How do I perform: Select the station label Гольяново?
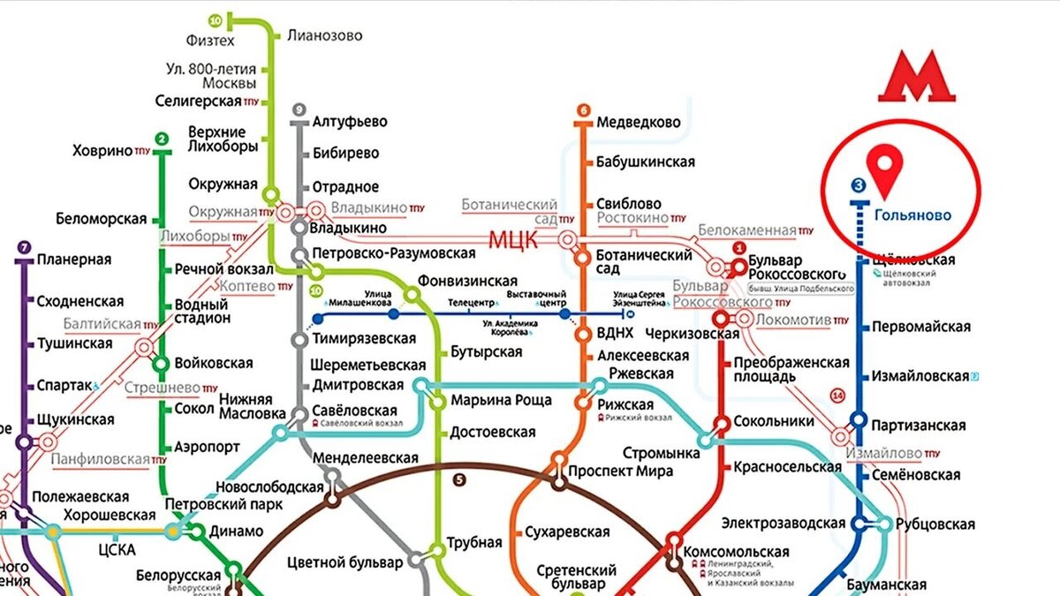(x=912, y=215)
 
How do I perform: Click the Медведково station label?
(x=638, y=122)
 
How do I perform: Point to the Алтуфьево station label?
(x=350, y=122)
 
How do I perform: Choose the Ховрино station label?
(x=102, y=151)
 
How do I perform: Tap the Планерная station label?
(x=74, y=260)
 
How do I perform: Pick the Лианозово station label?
(x=324, y=36)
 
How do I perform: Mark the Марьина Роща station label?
(x=501, y=400)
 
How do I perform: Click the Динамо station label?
(x=236, y=531)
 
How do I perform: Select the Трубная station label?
(x=474, y=542)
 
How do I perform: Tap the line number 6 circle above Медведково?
(x=583, y=110)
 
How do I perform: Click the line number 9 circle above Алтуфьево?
(x=299, y=110)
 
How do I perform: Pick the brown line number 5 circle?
(x=458, y=480)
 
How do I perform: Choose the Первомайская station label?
(x=920, y=327)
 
